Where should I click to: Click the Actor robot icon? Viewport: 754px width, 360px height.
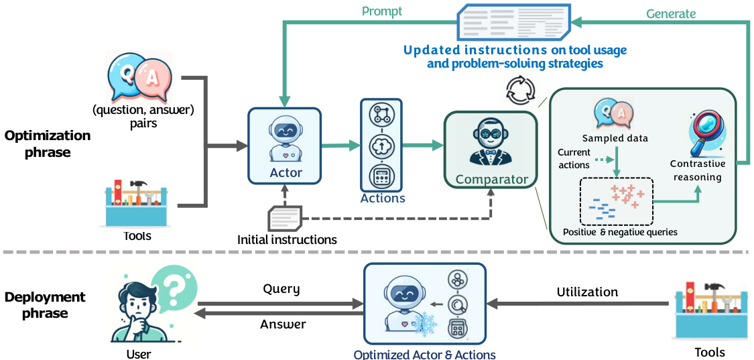tap(285, 139)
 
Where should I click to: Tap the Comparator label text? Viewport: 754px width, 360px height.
tap(491, 180)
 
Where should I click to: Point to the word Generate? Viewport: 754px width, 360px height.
tap(671, 13)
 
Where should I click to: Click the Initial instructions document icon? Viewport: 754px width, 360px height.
tap(285, 219)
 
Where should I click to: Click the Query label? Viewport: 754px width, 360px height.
tap(281, 290)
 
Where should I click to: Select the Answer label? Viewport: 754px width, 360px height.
tap(283, 324)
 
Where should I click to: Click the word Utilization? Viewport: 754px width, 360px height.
tap(587, 292)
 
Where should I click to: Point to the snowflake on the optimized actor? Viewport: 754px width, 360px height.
tap(424, 324)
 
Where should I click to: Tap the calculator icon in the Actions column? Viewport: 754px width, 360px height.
tap(383, 178)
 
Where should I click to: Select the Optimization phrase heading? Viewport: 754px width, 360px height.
tap(48, 143)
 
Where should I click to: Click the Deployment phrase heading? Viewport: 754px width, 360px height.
tap(45, 305)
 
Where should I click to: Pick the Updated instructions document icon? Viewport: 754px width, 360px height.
tap(513, 21)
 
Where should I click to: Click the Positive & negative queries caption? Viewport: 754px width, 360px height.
tap(620, 232)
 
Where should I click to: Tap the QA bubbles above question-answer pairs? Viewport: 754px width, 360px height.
tap(137, 77)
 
